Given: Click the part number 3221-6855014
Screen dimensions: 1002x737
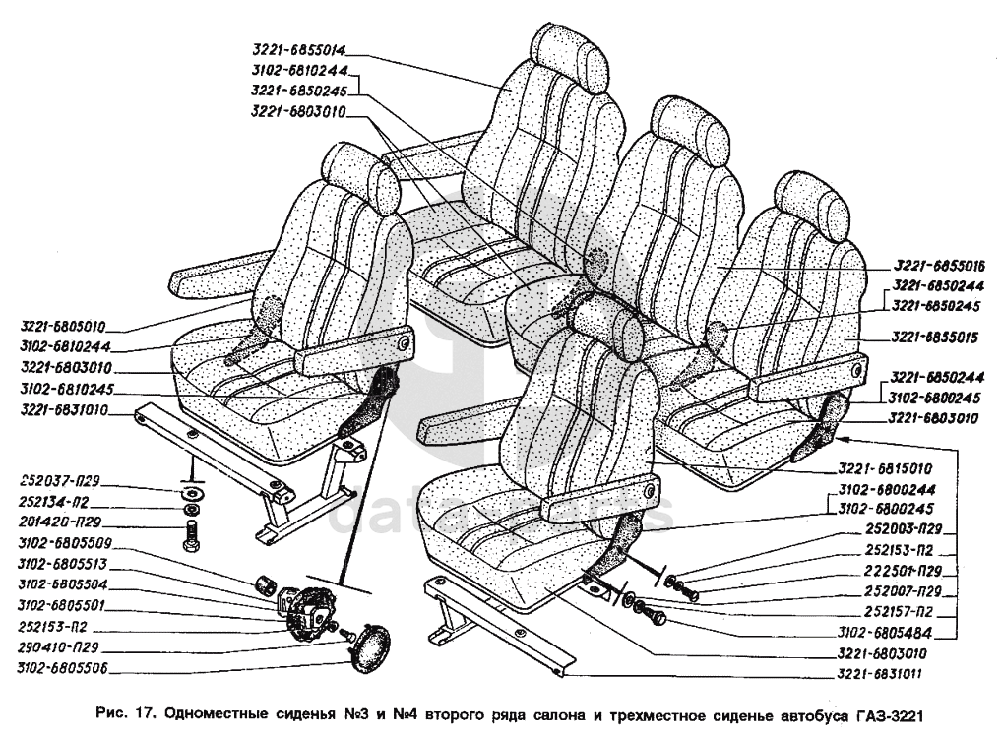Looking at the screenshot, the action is pos(298,50).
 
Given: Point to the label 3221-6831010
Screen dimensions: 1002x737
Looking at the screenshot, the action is pos(64,409).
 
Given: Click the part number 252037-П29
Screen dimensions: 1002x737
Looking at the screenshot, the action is pos(59,481).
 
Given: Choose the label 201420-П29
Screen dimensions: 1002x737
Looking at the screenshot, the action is pos(60,522).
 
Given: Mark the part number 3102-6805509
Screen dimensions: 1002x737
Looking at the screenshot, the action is pos(65,543).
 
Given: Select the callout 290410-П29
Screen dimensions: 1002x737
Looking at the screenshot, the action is pos(59,647).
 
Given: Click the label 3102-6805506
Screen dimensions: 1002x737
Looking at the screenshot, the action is pos(63,669).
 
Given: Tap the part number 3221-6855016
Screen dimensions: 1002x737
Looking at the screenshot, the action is pos(939,266).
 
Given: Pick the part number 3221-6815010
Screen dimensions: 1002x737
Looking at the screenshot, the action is pos(885,468).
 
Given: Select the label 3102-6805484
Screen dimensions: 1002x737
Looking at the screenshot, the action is pos(885,633).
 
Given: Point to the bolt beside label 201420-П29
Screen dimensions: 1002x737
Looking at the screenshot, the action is pos(190,535).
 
